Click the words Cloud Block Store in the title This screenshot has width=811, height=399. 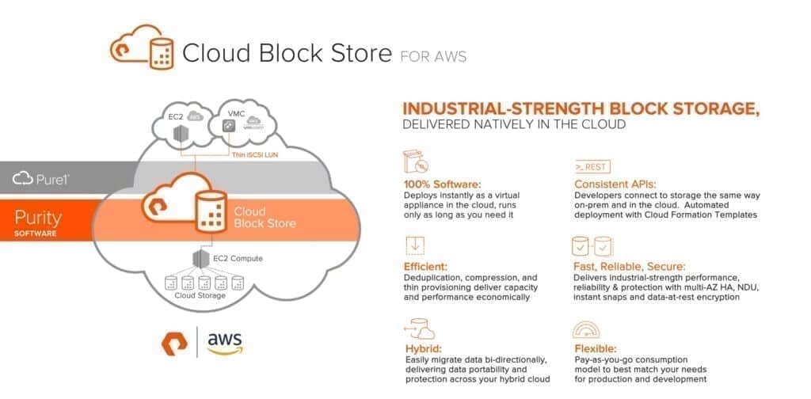287,53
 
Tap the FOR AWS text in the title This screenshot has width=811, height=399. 433,56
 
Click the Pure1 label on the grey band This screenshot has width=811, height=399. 41,179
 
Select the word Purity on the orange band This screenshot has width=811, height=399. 38,218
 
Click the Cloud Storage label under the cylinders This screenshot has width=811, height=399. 200,295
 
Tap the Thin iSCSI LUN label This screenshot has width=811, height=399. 255,154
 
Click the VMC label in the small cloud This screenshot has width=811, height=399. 234,113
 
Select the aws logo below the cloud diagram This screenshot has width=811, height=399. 225,343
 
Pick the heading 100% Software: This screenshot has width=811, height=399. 442,184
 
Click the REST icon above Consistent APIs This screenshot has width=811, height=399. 592,166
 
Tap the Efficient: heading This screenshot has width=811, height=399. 425,267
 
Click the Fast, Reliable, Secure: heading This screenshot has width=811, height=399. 630,267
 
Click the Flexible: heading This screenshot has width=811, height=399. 596,349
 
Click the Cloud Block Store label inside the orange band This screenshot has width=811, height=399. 265,218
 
